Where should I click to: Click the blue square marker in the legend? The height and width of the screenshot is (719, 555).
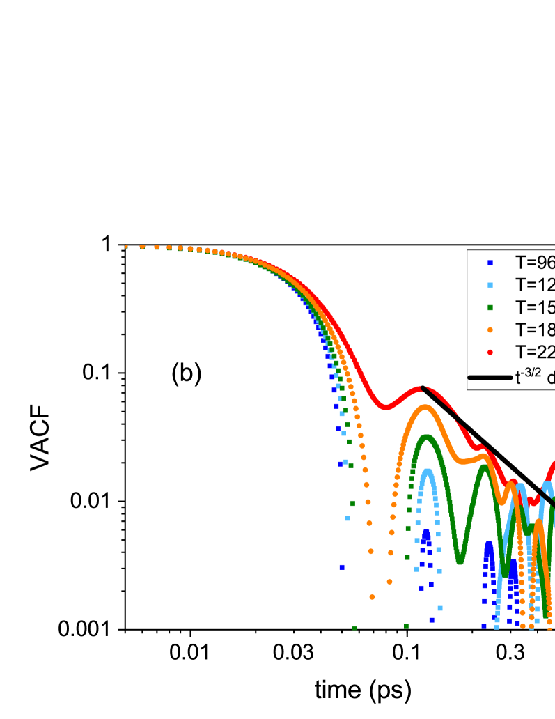click(490, 262)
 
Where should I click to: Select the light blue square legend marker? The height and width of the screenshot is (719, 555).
click(490, 285)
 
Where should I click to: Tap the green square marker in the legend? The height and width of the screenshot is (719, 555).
click(490, 307)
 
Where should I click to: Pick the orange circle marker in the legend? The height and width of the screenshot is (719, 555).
click(490, 330)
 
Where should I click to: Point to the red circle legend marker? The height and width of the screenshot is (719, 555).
click(490, 352)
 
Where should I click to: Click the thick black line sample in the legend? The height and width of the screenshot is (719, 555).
click(490, 377)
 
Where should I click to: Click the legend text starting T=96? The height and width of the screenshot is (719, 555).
click(534, 263)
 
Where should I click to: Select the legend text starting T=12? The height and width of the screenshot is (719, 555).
click(534, 285)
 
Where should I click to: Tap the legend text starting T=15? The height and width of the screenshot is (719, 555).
click(534, 307)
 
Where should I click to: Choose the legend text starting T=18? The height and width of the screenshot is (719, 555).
click(534, 330)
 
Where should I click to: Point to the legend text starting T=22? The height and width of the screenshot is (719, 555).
click(534, 352)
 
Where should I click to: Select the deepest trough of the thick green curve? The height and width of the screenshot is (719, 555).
click(460, 560)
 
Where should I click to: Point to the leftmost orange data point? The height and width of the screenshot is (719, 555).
click(126, 247)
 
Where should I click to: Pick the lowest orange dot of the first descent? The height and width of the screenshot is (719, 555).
click(373, 596)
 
